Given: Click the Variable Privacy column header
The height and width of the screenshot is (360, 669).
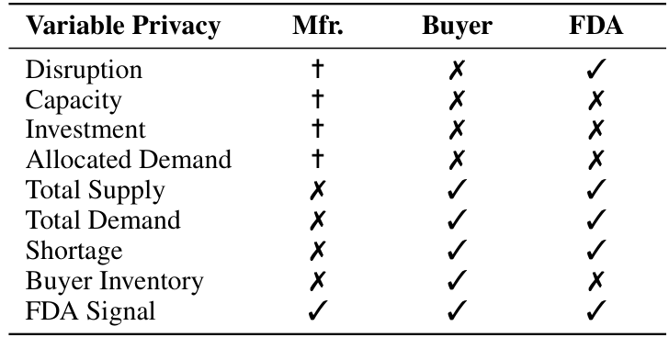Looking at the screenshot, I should (123, 27).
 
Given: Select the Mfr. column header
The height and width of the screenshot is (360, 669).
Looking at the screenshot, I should (317, 27).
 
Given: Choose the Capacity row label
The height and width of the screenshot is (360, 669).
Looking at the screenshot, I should (74, 100).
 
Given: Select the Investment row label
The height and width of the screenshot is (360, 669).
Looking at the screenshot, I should (83, 130).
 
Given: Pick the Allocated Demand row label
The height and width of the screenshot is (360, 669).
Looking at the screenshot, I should (128, 160).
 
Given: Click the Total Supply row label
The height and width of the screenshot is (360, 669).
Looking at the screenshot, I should (96, 190).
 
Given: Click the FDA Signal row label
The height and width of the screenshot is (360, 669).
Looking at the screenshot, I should (90, 311).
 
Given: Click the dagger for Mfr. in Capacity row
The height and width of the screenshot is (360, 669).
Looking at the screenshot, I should (317, 100).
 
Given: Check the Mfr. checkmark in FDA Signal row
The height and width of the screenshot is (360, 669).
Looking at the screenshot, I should (317, 311).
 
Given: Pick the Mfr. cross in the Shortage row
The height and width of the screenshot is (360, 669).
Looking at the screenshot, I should (317, 251).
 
